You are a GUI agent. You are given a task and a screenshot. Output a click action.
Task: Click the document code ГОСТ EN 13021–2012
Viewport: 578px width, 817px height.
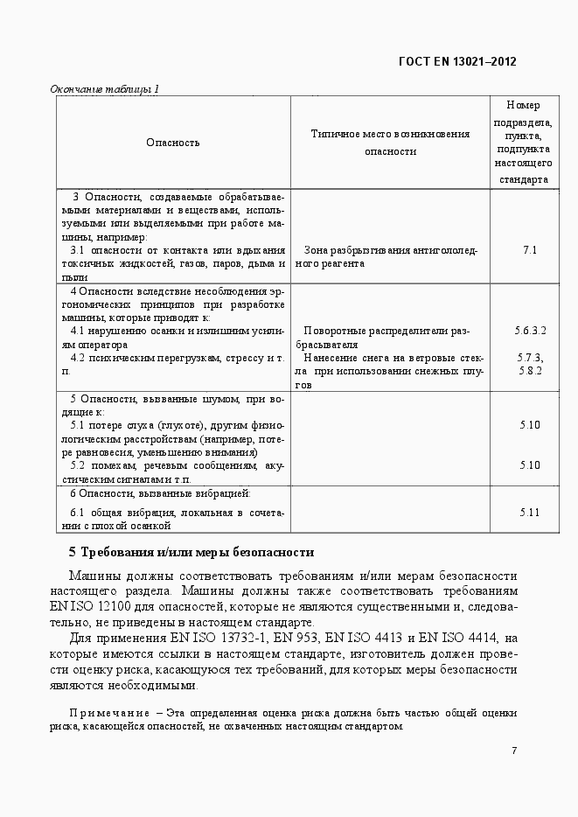click(456, 61)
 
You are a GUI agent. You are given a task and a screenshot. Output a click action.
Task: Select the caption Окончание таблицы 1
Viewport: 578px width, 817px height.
click(104, 89)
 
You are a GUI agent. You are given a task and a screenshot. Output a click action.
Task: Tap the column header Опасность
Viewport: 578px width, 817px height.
click(173, 143)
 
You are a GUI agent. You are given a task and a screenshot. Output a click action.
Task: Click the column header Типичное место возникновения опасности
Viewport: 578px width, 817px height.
click(390, 142)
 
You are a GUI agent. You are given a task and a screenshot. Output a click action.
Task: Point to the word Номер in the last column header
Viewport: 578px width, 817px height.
click(523, 106)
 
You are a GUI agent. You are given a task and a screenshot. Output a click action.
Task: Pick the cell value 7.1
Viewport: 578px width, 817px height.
click(530, 250)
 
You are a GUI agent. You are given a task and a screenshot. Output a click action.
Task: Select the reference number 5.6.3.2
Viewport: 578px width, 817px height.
click(530, 331)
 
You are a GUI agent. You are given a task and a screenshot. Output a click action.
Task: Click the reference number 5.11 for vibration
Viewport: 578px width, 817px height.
click(530, 512)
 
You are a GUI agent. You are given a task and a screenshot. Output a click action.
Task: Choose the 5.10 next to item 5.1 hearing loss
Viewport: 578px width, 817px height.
click(530, 425)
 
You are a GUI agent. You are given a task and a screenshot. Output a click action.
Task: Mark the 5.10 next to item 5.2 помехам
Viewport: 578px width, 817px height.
click(530, 465)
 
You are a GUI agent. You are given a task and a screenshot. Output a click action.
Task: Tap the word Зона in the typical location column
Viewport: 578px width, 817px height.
click(317, 250)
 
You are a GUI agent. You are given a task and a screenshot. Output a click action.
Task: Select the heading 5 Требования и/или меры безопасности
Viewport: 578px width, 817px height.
click(191, 552)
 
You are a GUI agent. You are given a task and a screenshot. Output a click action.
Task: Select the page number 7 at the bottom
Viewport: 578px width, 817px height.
click(514, 751)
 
